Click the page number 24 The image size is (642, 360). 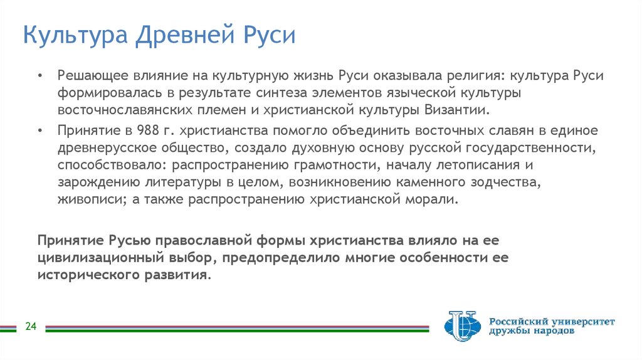[31, 326]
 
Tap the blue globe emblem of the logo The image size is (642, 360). [461, 326]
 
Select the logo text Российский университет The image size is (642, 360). [552, 322]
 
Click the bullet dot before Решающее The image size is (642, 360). [40, 76]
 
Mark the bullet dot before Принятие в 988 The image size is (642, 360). [40, 131]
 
